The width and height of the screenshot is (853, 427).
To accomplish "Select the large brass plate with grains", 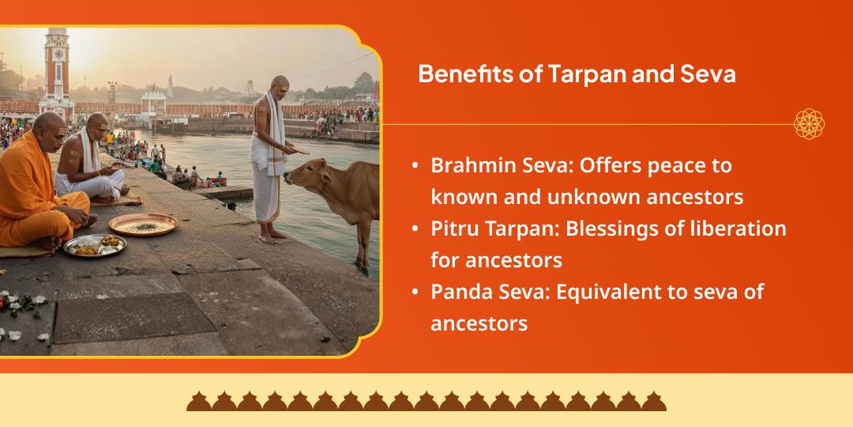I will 143,225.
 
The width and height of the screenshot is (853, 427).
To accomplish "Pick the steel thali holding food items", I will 94,246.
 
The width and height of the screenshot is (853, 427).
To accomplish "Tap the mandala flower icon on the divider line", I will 810,124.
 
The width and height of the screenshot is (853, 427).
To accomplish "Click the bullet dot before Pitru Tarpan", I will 415,229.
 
